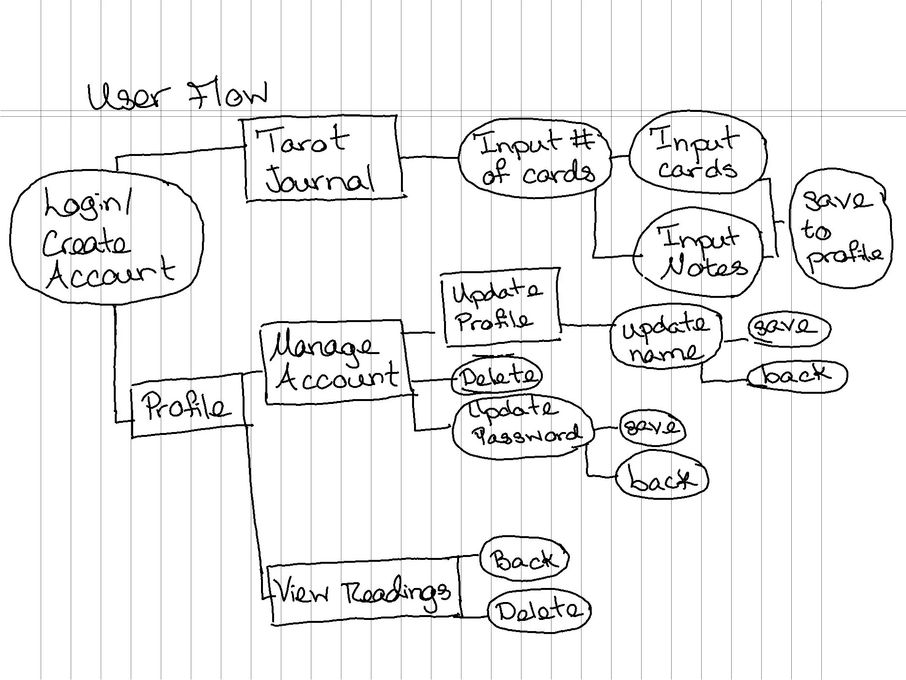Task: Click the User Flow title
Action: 177,95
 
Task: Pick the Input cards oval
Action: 697,153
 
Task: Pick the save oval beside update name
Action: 789,329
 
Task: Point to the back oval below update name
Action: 797,375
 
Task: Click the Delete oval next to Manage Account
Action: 497,376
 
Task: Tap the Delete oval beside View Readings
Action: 538,611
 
